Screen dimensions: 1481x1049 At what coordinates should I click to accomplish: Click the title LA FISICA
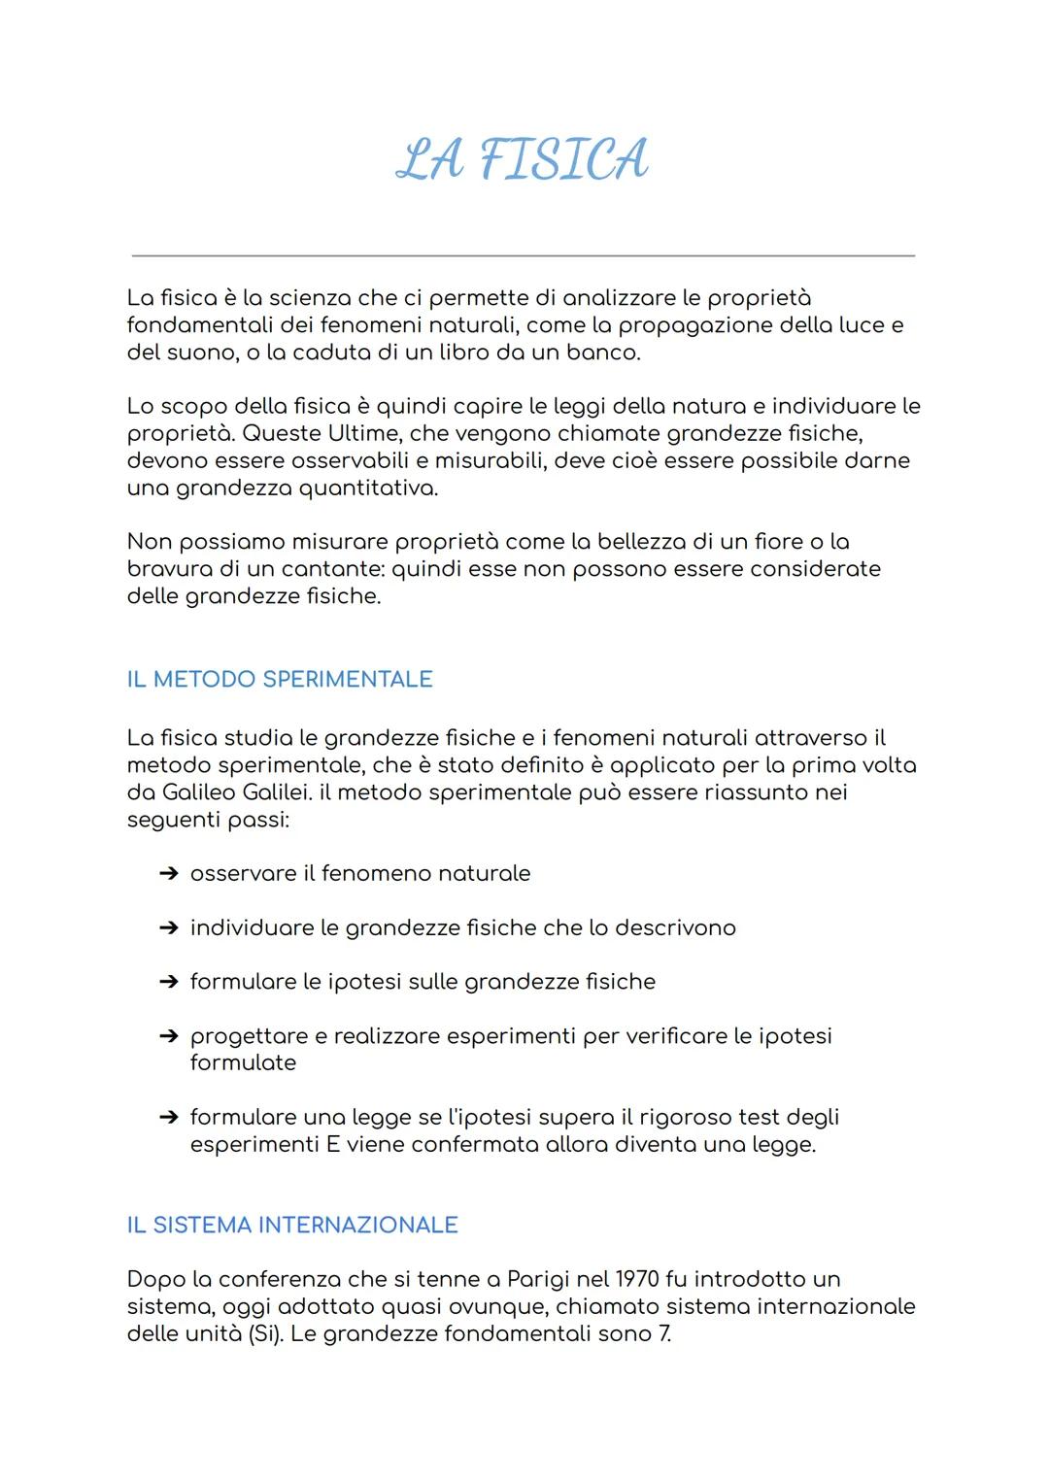point(524,160)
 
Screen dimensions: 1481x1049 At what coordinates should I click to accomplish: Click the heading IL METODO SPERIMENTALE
point(280,679)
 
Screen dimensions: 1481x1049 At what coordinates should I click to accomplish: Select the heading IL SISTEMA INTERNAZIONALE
point(292,1225)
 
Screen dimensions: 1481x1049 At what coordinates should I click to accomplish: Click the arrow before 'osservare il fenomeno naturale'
point(168,874)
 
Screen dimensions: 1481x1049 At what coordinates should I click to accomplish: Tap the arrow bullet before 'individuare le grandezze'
point(168,928)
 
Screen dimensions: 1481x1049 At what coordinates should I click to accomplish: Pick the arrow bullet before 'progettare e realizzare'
point(168,1036)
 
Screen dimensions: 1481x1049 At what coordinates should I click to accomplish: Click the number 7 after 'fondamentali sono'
point(664,1333)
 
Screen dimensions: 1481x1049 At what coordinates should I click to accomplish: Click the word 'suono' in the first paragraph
point(194,352)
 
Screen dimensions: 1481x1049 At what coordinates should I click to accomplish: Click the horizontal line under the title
point(524,255)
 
